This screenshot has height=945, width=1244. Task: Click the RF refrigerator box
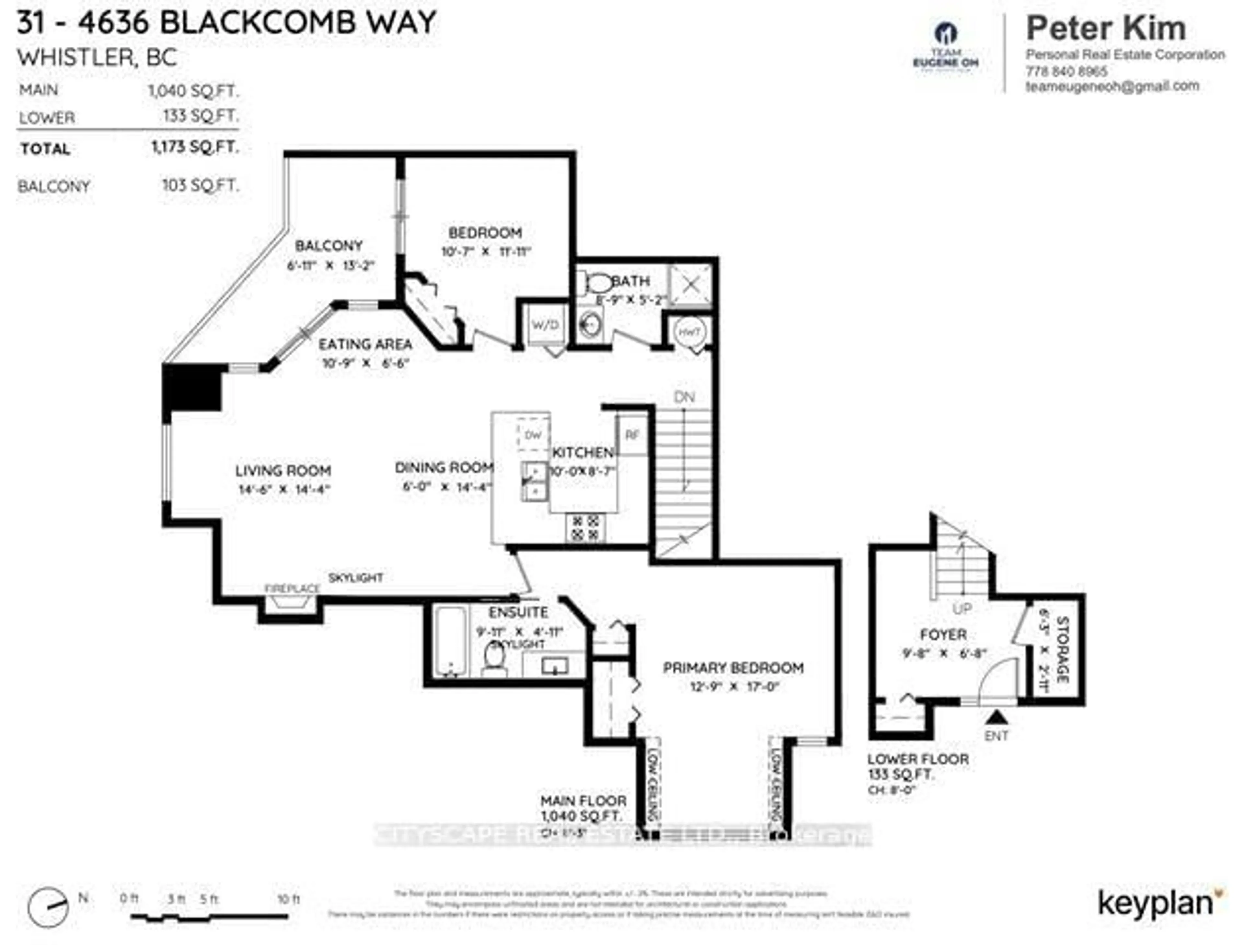point(632,434)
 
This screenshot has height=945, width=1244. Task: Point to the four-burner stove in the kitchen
point(585,528)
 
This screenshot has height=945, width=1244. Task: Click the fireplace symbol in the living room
point(291,603)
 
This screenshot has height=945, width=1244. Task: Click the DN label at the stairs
point(685,397)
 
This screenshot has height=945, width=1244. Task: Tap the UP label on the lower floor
point(962,609)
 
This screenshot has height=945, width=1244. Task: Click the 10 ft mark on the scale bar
point(289,899)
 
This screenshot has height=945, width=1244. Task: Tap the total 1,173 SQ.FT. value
point(195,147)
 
